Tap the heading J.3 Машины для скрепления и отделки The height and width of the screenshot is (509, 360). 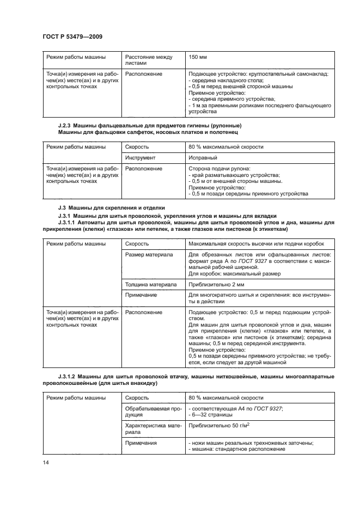(x=107, y=208)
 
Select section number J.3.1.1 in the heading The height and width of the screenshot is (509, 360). (x=68, y=223)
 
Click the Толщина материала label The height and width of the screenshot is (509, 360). (x=152, y=284)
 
